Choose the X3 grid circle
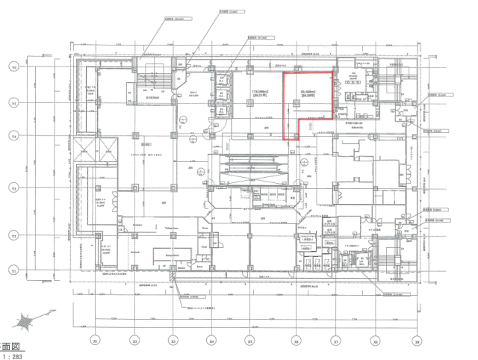[173, 341]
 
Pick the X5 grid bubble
[250, 341]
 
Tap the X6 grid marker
[297, 341]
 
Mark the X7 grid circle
[335, 341]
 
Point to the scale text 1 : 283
[10, 356]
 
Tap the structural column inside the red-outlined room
[297, 136]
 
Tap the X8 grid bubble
[374, 341]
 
